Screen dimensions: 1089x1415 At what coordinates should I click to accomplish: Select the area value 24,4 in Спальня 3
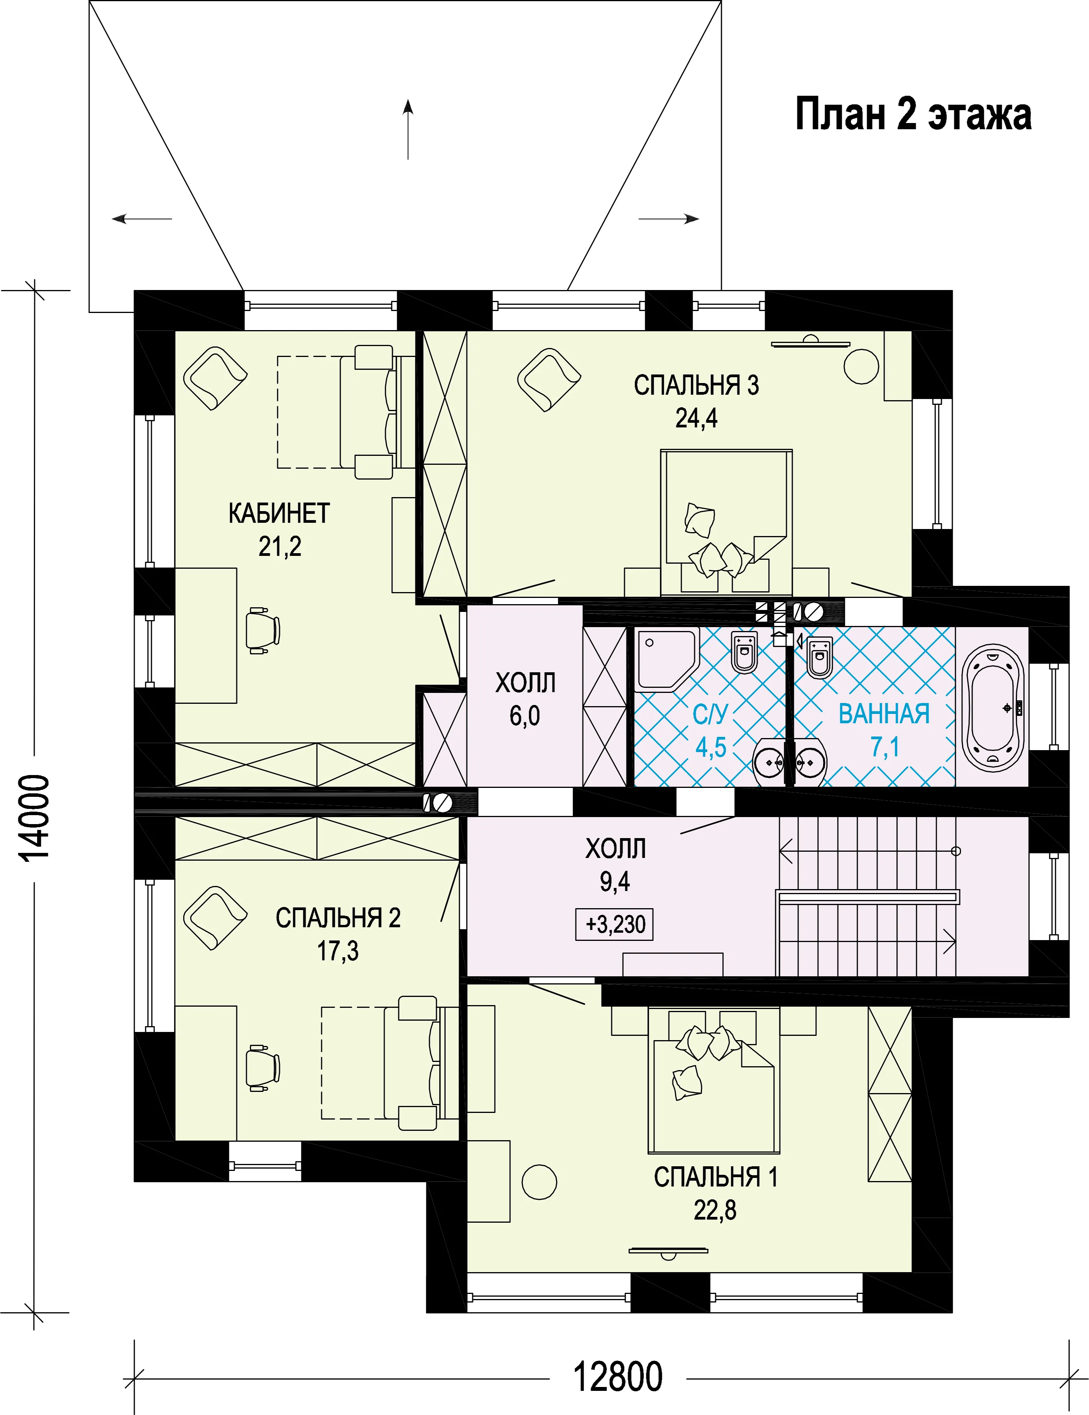pos(697,418)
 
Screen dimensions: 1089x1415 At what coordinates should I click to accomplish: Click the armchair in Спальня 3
pos(548,380)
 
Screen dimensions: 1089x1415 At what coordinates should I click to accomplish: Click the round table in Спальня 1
pos(539,1182)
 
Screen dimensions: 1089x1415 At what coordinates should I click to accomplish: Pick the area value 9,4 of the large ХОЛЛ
pos(615,882)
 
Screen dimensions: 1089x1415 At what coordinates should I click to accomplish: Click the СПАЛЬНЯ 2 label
pos(338,918)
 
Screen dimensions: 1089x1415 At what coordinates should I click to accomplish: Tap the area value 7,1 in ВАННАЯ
pos(885,747)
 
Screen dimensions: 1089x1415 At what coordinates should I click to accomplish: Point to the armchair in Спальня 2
pos(215,919)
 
